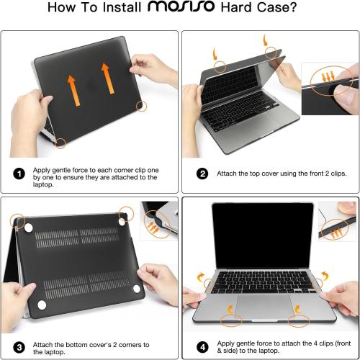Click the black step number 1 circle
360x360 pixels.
coord(19,174)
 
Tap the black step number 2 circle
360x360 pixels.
coord(202,174)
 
